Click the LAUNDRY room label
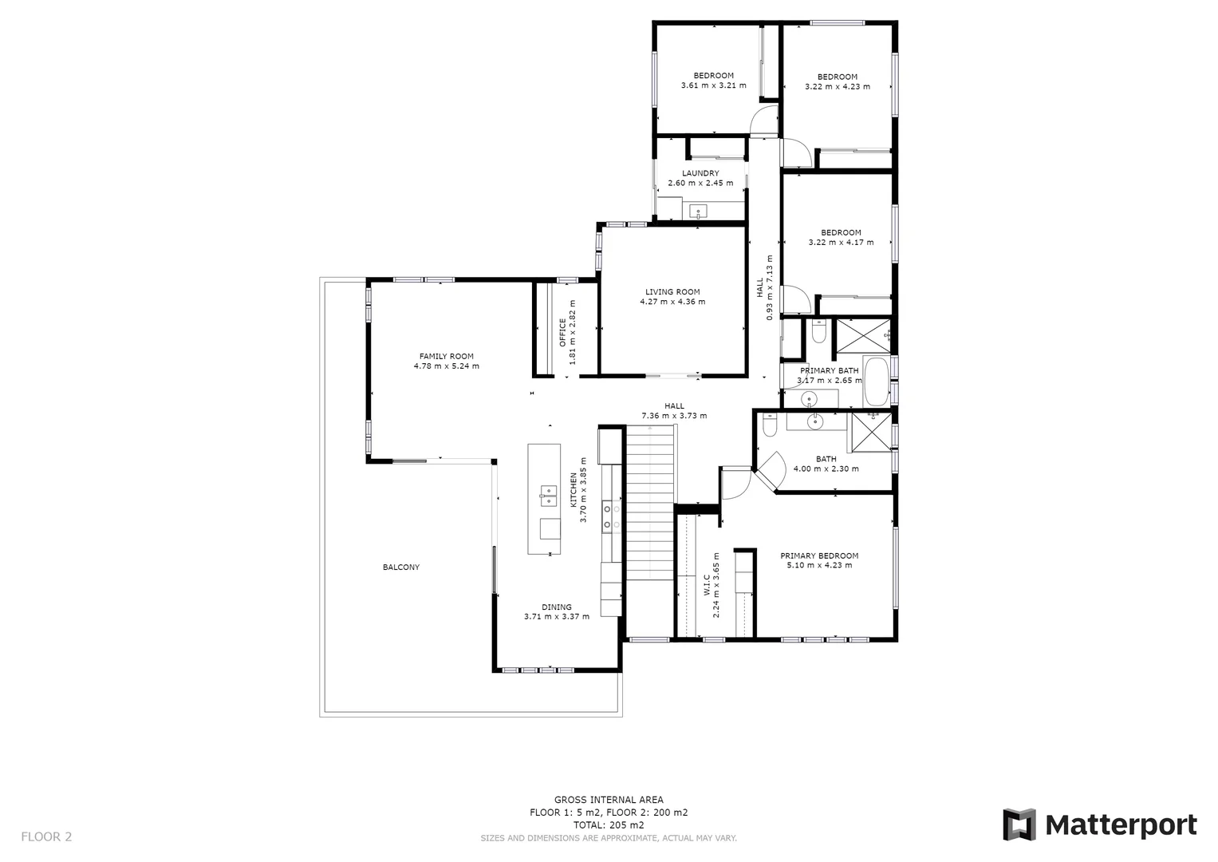(x=700, y=173)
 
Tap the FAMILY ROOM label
(x=446, y=357)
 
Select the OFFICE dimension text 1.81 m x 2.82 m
(x=573, y=332)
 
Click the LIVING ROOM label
(x=672, y=292)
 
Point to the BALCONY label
(x=400, y=567)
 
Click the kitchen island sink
(x=547, y=496)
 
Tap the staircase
(x=650, y=503)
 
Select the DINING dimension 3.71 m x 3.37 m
(x=557, y=616)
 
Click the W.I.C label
(x=707, y=587)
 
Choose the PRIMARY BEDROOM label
(x=819, y=556)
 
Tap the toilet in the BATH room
(x=769, y=429)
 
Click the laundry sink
(x=699, y=212)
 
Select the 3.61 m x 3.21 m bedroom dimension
(x=713, y=85)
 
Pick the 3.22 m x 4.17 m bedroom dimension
(x=841, y=243)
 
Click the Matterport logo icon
(x=1019, y=824)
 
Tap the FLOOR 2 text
(x=46, y=836)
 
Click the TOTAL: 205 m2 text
(x=609, y=825)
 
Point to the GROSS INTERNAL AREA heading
(x=609, y=800)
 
